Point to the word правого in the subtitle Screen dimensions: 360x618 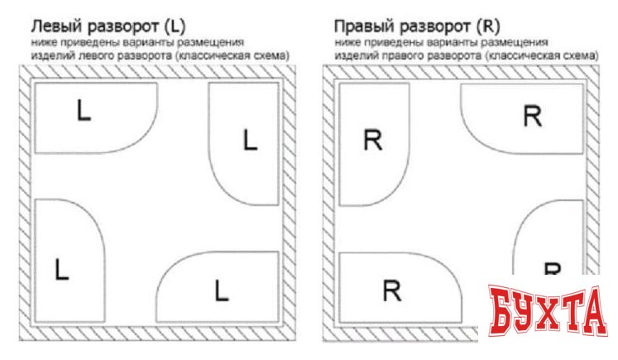[415, 55]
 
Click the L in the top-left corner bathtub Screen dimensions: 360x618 [83, 111]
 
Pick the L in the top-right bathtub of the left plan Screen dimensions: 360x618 [250, 141]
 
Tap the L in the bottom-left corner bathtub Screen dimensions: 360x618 [60, 268]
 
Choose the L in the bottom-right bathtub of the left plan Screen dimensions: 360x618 [220, 290]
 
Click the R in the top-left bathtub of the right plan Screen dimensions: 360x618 [374, 141]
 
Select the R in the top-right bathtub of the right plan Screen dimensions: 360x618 [533, 116]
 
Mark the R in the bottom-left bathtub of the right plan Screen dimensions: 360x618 [393, 290]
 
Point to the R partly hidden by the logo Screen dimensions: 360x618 [552, 268]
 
